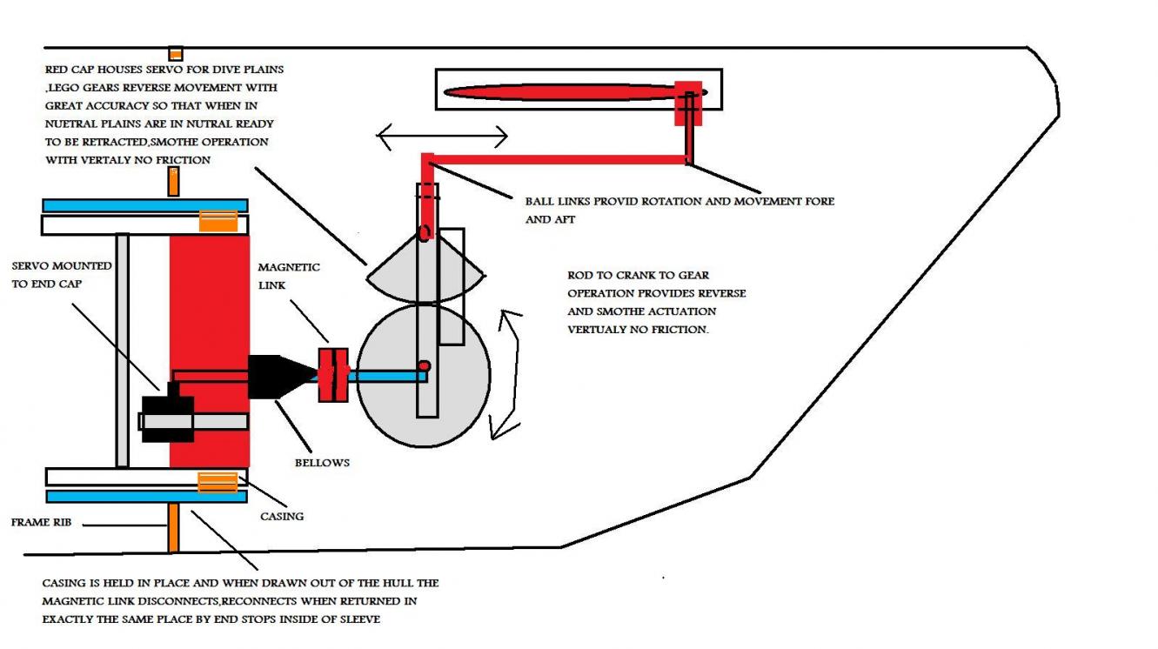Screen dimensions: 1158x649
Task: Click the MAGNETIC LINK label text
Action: pyautogui.click(x=289, y=276)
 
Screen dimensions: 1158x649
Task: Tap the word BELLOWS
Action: pyautogui.click(x=322, y=463)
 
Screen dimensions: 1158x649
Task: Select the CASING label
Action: pyautogui.click(x=282, y=516)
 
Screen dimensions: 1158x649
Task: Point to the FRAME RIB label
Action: pyautogui.click(x=41, y=522)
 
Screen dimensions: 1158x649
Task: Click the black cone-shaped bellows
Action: pyautogui.click(x=282, y=377)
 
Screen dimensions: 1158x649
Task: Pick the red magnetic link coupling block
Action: pyautogui.click(x=333, y=375)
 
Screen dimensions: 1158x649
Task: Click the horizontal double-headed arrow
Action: pyautogui.click(x=442, y=137)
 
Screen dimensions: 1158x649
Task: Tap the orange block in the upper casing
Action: pyautogui.click(x=218, y=221)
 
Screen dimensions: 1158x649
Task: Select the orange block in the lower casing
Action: pyautogui.click(x=218, y=483)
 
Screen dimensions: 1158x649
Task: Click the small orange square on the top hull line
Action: pyautogui.click(x=176, y=54)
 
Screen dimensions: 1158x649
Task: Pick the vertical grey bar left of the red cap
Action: pyautogui.click(x=122, y=351)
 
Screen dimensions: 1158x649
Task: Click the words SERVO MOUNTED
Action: pyautogui.click(x=62, y=266)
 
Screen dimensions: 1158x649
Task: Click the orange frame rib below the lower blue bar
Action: pyautogui.click(x=173, y=527)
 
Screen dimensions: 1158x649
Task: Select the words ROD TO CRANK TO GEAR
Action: pyautogui.click(x=638, y=275)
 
